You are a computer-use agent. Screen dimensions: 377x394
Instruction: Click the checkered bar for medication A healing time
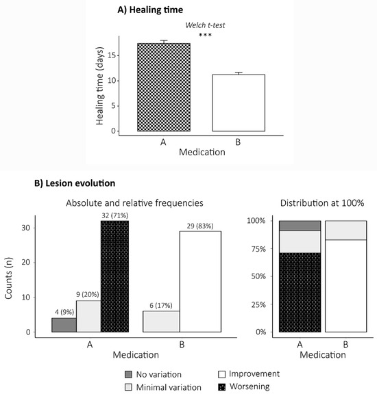(164, 87)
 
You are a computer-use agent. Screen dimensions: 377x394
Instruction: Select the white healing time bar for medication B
(239, 103)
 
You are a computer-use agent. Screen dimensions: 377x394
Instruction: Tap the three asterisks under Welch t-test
(205, 35)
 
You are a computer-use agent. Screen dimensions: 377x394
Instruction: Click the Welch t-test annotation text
(205, 25)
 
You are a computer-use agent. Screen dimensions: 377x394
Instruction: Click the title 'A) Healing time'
(150, 10)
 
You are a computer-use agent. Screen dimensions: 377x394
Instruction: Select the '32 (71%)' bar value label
(115, 215)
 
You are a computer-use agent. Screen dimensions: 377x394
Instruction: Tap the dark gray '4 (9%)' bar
(64, 325)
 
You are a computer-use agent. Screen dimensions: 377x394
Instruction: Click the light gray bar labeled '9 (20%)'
(88, 316)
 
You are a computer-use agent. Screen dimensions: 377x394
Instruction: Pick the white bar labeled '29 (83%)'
(200, 281)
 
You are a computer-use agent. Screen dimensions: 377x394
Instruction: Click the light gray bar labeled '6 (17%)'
(161, 321)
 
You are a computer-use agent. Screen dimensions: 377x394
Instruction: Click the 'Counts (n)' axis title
(8, 278)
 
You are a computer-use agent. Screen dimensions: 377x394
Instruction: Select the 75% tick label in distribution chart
(258, 249)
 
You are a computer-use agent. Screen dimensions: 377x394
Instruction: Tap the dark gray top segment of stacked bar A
(300, 226)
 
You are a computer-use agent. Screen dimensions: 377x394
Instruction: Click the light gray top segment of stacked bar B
(345, 230)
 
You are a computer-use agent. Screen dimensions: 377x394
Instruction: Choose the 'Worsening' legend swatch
(222, 387)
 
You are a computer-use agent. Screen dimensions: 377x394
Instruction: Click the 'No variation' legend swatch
(128, 374)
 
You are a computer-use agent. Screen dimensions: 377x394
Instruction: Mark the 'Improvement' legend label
(254, 374)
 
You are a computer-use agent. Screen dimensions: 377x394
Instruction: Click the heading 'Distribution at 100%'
(322, 202)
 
